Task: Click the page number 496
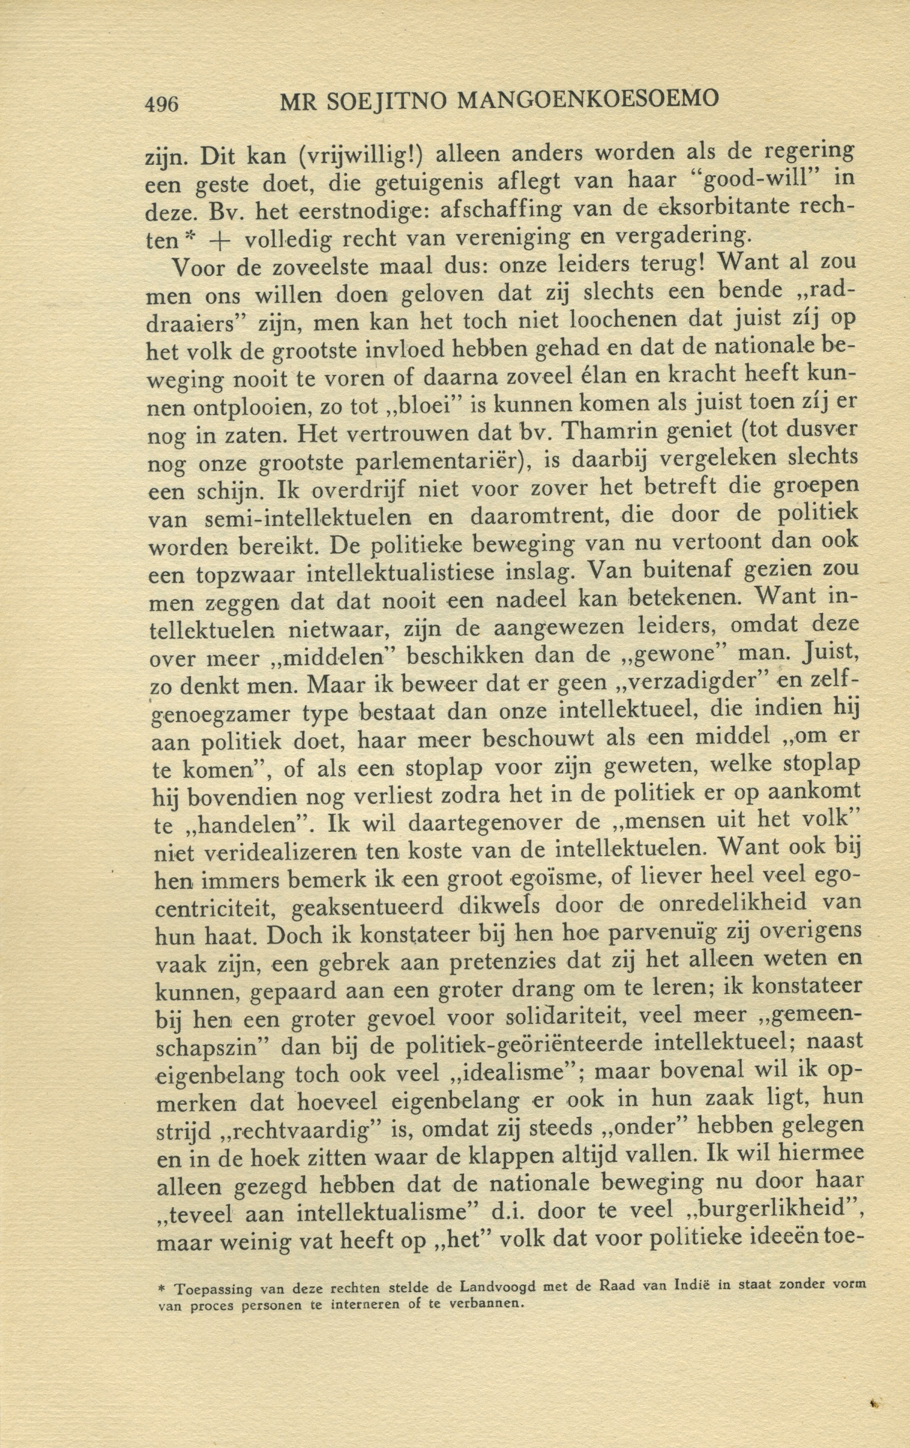point(162,104)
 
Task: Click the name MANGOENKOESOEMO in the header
point(587,98)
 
